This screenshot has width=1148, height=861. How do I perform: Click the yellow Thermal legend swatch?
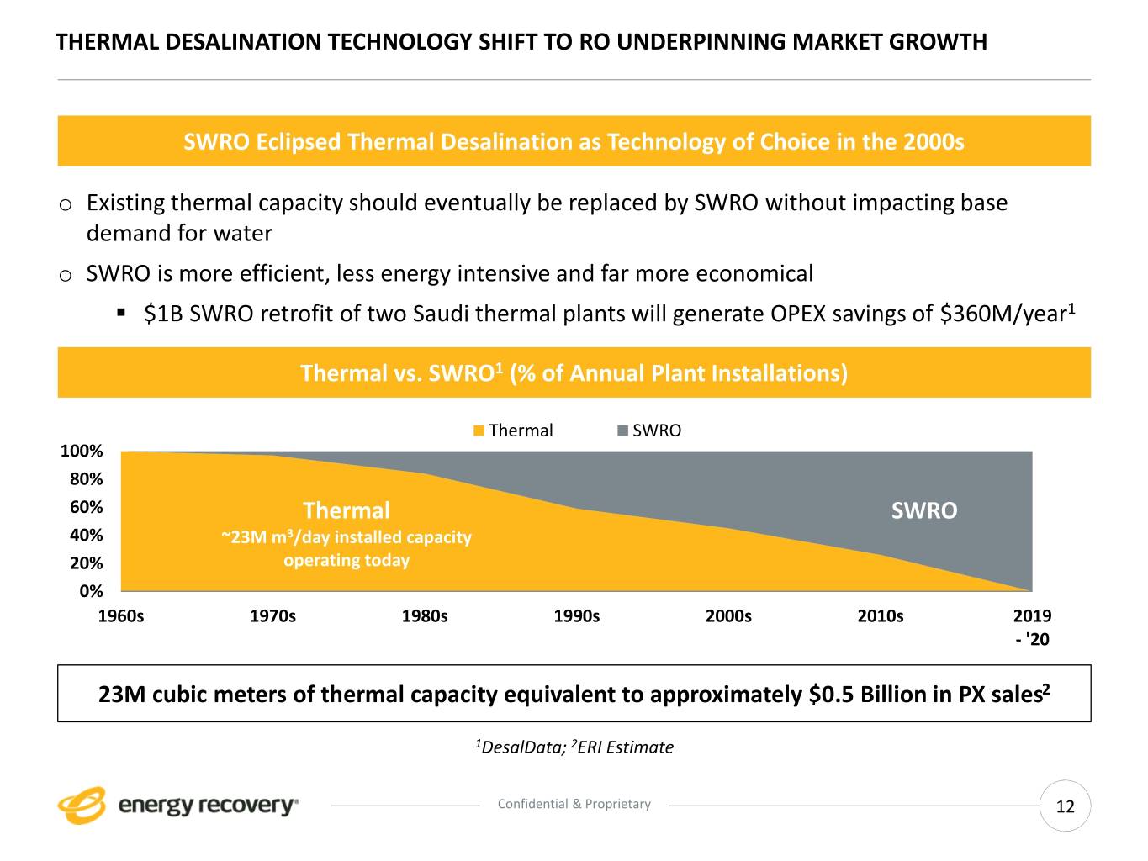pyautogui.click(x=479, y=430)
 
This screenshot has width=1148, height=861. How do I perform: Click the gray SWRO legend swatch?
pyautogui.click(x=622, y=430)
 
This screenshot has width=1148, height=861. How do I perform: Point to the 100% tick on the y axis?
pyautogui.click(x=82, y=452)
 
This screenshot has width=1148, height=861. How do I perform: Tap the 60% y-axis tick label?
pyautogui.click(x=86, y=507)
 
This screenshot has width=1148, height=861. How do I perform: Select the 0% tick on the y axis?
pyautogui.click(x=91, y=591)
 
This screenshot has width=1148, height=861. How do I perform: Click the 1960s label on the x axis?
pyautogui.click(x=121, y=616)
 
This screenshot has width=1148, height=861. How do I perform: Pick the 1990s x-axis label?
pyautogui.click(x=576, y=616)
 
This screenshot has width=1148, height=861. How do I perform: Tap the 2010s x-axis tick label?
pyautogui.click(x=880, y=616)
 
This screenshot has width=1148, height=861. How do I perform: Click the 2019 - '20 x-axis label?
pyautogui.click(x=1032, y=627)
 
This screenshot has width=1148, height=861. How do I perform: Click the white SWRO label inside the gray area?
pyautogui.click(x=923, y=511)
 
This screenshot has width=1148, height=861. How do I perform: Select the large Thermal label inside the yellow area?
pyautogui.click(x=346, y=510)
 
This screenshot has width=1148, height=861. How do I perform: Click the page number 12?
pyautogui.click(x=1065, y=807)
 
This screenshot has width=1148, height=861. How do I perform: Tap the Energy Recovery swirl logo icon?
pyautogui.click(x=82, y=805)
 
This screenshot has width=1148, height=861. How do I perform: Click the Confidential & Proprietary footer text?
pyautogui.click(x=574, y=804)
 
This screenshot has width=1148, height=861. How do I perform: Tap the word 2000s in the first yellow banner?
pyautogui.click(x=934, y=141)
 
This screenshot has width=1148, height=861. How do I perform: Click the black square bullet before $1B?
pyautogui.click(x=121, y=313)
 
